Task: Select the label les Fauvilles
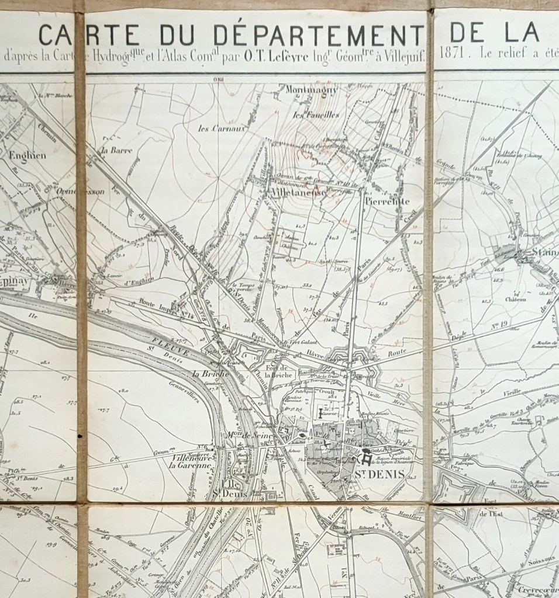[316, 115]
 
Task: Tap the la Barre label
[117, 150]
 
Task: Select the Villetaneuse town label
[294, 192]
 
